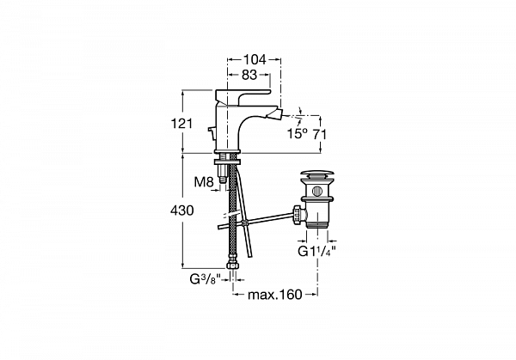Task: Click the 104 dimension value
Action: [255, 60]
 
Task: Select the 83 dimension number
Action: [249, 76]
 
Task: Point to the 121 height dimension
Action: [181, 124]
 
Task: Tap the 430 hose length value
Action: [182, 211]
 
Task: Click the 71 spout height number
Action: [319, 135]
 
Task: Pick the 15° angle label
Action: [298, 134]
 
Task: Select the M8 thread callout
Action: [204, 181]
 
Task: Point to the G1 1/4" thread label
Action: [316, 251]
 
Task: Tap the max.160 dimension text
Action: [275, 295]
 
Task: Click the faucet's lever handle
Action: [243, 95]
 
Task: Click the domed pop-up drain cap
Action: [317, 174]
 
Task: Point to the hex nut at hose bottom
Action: [233, 265]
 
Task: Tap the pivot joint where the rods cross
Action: [244, 223]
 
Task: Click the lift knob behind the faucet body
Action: [211, 131]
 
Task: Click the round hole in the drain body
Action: [317, 191]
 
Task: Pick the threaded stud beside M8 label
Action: [223, 173]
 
